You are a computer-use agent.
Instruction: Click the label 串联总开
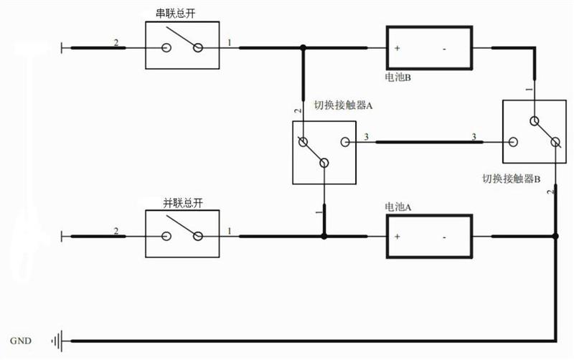tap(176, 14)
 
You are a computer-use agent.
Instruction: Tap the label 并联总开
tap(183, 203)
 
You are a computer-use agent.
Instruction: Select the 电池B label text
tap(398, 77)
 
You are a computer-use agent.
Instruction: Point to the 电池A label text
tap(398, 207)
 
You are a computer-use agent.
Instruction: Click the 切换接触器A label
tap(344, 105)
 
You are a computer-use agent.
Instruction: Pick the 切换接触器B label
tap(512, 179)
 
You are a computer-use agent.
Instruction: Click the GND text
tap(21, 341)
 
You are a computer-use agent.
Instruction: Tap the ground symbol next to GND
tap(57, 341)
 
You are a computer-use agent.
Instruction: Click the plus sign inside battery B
tap(397, 48)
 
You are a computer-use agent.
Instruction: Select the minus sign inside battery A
tap(444, 237)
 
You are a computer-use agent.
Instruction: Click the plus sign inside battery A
tap(397, 237)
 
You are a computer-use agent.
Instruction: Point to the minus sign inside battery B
tap(444, 49)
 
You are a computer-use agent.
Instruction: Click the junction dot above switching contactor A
tap(303, 47)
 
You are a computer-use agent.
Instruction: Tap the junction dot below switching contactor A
tap(324, 237)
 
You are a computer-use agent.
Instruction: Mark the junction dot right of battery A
tap(555, 237)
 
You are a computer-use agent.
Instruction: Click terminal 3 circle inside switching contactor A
tap(345, 142)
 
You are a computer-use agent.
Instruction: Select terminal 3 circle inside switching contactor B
tap(513, 142)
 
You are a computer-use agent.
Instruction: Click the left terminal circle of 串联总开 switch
tap(166, 48)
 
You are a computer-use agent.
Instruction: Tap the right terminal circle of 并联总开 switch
tap(198, 237)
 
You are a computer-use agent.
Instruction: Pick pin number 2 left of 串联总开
tap(116, 43)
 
